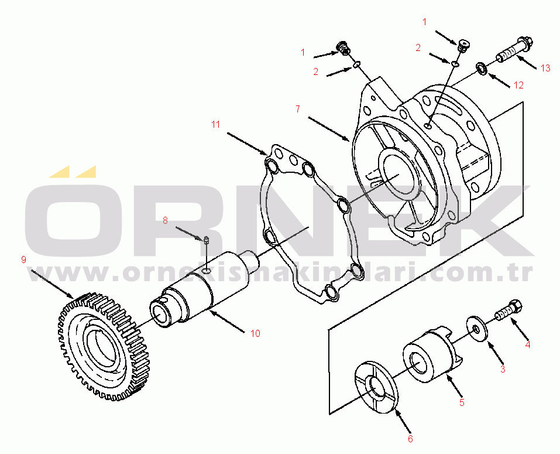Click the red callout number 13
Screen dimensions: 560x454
(x=545, y=68)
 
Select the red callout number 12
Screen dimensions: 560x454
(x=518, y=85)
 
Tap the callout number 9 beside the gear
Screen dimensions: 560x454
(x=23, y=260)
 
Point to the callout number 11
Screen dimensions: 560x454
(x=215, y=124)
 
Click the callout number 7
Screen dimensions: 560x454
(x=298, y=109)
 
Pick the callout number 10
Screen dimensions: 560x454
(x=255, y=333)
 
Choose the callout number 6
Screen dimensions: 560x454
(x=410, y=439)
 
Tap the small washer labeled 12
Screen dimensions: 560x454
(x=481, y=69)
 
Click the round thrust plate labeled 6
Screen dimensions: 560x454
(x=376, y=387)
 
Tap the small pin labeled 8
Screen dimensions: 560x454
(x=206, y=240)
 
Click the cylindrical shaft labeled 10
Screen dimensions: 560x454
(x=202, y=289)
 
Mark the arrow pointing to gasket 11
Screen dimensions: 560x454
(x=248, y=144)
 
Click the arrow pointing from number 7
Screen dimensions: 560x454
(x=329, y=129)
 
